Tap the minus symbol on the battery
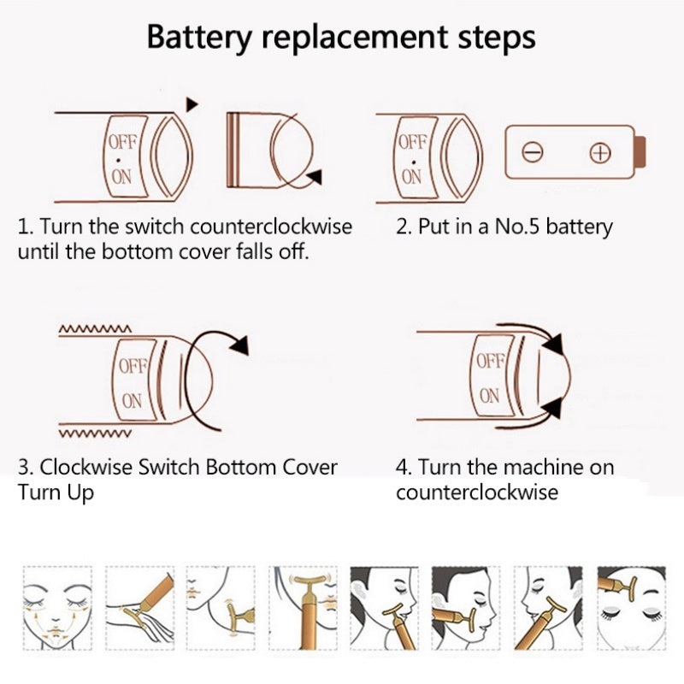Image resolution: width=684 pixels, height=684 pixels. [x=533, y=153]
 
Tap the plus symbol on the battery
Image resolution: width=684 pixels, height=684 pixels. [x=601, y=153]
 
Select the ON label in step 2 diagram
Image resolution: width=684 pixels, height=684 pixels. [x=412, y=177]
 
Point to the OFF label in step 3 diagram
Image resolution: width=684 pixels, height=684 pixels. [x=133, y=366]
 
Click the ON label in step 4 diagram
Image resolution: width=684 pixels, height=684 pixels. [x=490, y=396]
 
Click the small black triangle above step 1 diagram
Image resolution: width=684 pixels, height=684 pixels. [x=192, y=103]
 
